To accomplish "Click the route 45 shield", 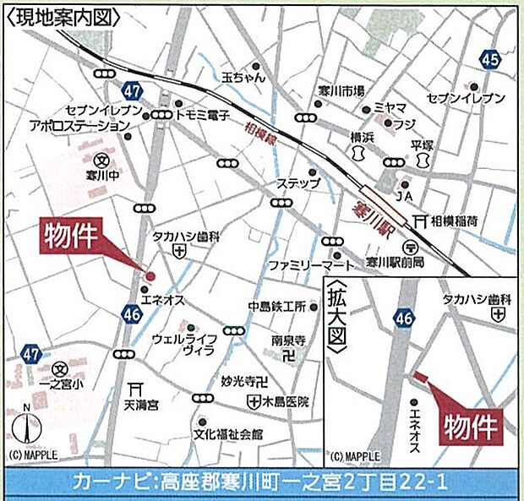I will click(x=490, y=58).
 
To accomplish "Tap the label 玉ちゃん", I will click(x=244, y=77).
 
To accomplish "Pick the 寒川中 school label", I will click(x=100, y=176).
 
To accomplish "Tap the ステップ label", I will click(x=303, y=183).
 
